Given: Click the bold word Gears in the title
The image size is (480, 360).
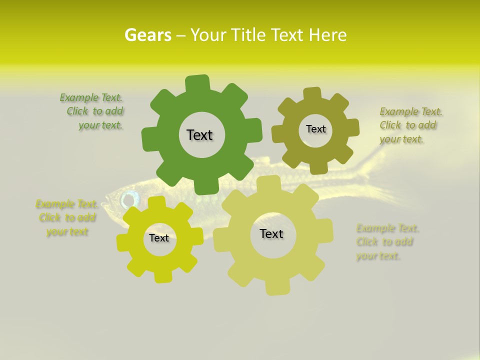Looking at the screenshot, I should pos(147,35).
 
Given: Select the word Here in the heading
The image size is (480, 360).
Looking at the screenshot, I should pos(328,35).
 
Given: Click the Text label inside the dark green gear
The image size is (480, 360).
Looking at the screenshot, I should pos(199,135).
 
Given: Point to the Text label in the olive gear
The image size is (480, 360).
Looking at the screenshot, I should pos(315,129).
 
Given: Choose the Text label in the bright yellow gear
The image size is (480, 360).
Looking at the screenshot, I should pos(159,238).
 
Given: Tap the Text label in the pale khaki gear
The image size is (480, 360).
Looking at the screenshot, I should pos(271,234).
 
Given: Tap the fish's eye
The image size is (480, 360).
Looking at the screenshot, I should pos(129,199).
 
